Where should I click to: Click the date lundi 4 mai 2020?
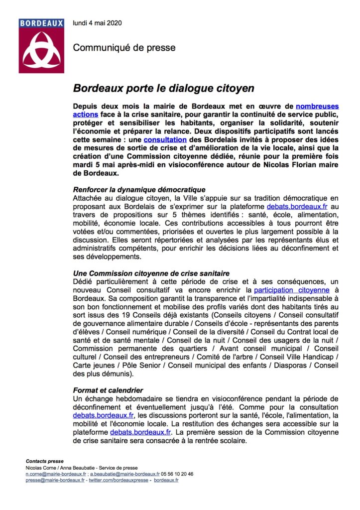click(97, 23)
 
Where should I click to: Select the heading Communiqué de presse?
click(124, 48)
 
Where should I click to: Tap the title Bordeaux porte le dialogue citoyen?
click(164, 88)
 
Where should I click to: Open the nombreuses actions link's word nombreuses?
click(317, 106)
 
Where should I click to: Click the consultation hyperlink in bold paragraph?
click(165, 140)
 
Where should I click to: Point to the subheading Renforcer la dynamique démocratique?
click(139, 190)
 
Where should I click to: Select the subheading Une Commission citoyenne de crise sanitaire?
click(151, 273)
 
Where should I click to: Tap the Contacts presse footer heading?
click(45, 461)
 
